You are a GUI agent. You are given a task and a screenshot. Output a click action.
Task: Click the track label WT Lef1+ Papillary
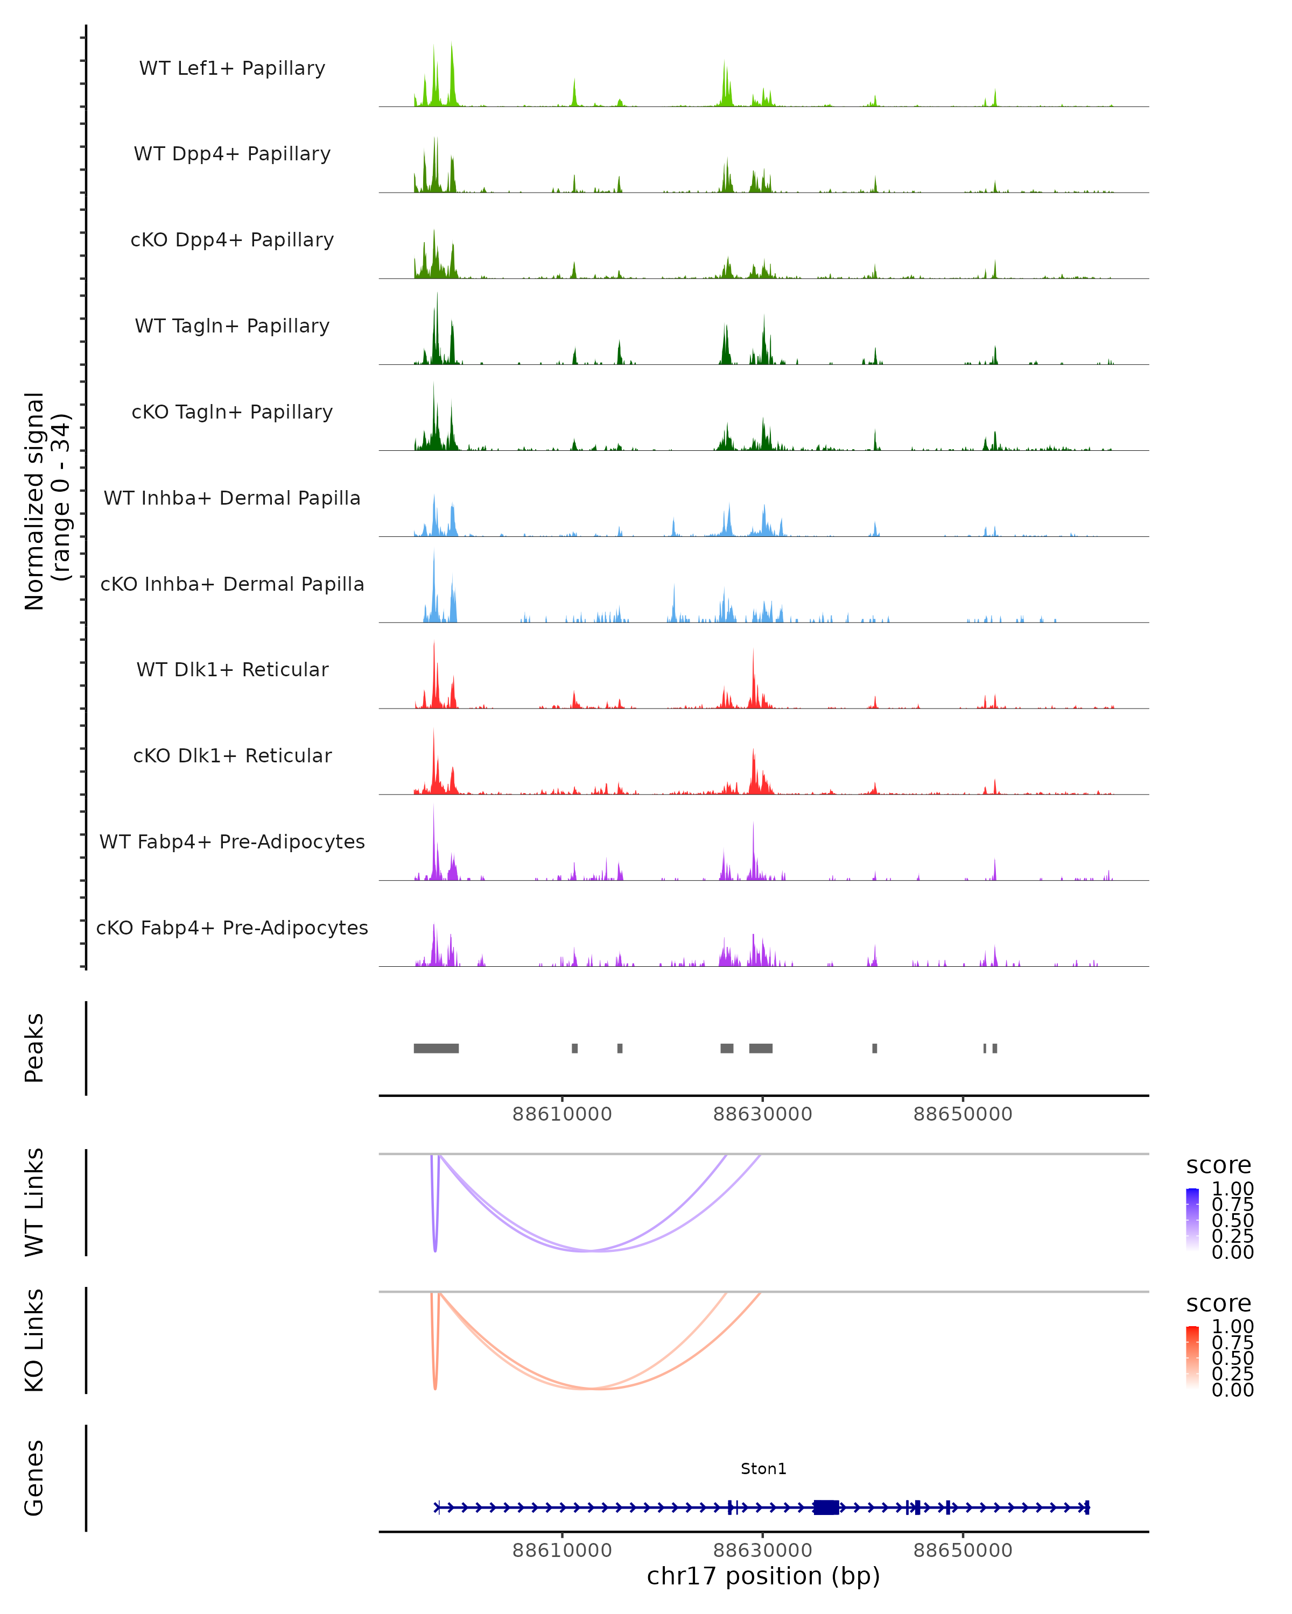click(x=232, y=68)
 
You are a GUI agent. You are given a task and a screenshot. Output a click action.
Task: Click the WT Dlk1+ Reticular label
click(x=232, y=669)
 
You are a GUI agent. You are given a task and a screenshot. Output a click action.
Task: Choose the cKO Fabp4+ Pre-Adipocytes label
click(x=232, y=928)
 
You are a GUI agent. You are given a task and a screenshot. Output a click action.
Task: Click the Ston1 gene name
click(x=763, y=1469)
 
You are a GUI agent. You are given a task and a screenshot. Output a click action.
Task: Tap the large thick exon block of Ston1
click(x=825, y=1507)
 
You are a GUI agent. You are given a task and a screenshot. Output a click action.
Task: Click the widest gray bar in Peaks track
click(x=436, y=1048)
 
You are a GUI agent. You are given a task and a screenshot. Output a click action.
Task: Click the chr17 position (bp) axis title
click(x=763, y=1576)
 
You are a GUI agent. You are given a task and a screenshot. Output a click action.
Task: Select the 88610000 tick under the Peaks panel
click(x=561, y=1114)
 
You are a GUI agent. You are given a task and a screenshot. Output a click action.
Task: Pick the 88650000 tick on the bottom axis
click(x=963, y=1551)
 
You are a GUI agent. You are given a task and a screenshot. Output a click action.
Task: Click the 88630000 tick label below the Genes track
click(x=762, y=1551)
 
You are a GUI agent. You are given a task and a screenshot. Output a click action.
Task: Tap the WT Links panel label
click(x=34, y=1202)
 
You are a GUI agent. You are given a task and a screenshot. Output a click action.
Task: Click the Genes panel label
click(x=34, y=1478)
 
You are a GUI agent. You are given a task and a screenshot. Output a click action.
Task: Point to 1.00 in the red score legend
click(x=1232, y=1327)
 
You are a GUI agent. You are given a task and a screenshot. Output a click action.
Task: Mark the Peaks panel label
click(x=34, y=1048)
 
